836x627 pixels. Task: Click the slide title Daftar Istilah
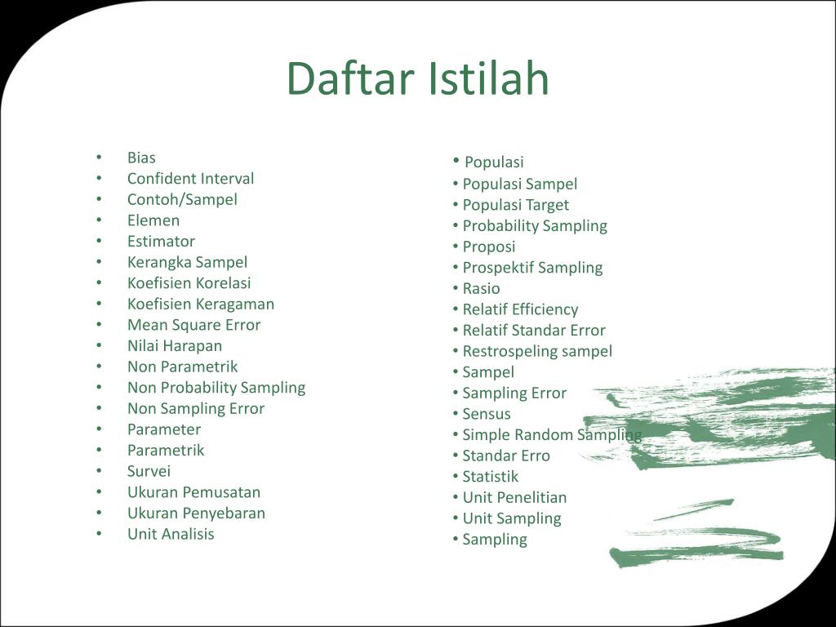[x=418, y=78]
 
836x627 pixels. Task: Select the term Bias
[x=141, y=158]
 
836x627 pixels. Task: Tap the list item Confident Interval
[x=190, y=179]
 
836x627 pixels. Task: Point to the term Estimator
[x=161, y=242]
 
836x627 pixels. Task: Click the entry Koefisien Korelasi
[x=189, y=283]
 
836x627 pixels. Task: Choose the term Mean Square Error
[x=193, y=325]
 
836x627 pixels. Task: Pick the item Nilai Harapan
[x=175, y=346]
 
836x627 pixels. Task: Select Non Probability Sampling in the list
[x=216, y=388]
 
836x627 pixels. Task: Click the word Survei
[x=149, y=471]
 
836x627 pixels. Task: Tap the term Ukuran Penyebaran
[x=196, y=514]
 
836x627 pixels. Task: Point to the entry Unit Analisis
[x=171, y=534]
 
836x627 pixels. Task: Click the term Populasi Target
[x=516, y=205]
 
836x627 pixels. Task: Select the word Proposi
[x=489, y=247]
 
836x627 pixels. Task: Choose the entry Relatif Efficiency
[x=520, y=309]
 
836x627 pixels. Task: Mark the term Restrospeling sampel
[x=537, y=351]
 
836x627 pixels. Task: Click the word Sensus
[x=487, y=414]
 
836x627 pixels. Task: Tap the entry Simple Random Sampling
[x=552, y=435]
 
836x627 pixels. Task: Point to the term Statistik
[x=490, y=477]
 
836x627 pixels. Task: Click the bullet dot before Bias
[x=99, y=158]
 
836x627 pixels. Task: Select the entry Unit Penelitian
[x=514, y=497]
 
